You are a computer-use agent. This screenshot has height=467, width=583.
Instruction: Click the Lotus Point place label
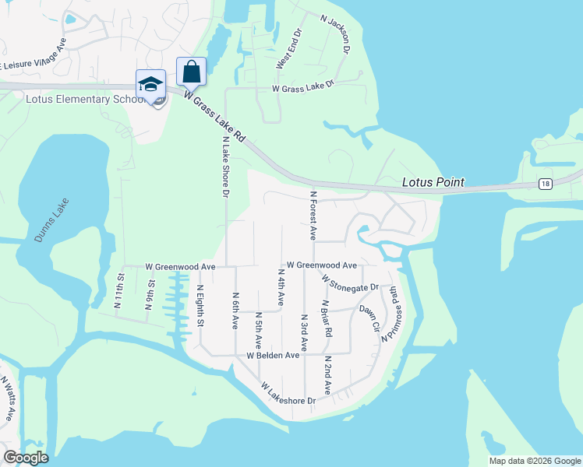tap(433, 182)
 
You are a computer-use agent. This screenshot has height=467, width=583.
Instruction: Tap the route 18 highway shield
tap(544, 183)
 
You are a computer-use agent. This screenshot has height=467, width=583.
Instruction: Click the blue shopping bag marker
tap(191, 72)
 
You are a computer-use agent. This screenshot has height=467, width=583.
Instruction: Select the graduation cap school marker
tap(150, 84)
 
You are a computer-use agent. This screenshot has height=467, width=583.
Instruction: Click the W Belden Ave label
tap(273, 355)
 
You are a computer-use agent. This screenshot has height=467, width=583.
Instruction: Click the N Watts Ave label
tap(8, 398)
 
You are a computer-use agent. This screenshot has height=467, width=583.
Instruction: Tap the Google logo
tap(25, 458)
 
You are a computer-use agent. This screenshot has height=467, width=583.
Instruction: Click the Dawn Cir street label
tap(369, 318)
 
